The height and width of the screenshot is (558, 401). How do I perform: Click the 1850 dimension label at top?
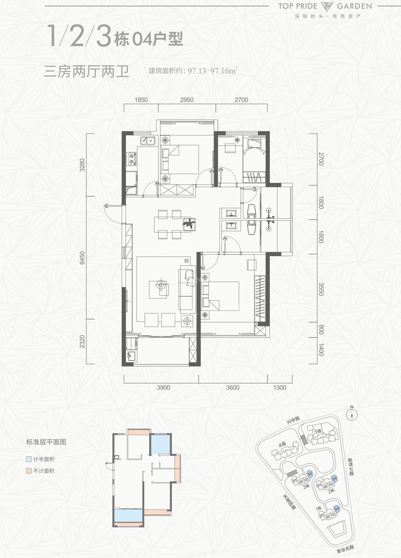[141, 100]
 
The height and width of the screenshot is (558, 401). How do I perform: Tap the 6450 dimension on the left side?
[82, 258]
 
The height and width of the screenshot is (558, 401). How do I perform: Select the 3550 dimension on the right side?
[321, 289]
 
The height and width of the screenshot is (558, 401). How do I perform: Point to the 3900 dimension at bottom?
[163, 388]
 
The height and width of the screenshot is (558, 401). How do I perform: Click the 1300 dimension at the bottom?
[280, 388]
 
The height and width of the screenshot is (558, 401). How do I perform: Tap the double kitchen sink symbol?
[148, 141]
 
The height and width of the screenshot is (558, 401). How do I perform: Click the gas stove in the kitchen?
[132, 159]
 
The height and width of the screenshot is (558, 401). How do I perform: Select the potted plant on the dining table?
[189, 224]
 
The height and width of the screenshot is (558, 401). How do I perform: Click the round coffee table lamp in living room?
[161, 285]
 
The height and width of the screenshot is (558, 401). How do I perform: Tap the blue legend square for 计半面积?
[29, 459]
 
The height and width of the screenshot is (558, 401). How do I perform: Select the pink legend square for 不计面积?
[29, 471]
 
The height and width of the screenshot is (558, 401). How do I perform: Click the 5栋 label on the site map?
[318, 431]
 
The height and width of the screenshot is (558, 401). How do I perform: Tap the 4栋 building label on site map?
[282, 444]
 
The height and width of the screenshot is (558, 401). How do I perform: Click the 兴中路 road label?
[293, 420]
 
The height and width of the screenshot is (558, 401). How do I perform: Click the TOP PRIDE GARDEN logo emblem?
[327, 6]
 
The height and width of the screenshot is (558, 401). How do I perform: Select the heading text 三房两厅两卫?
[86, 72]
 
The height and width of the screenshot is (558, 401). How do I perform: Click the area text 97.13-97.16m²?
[212, 71]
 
